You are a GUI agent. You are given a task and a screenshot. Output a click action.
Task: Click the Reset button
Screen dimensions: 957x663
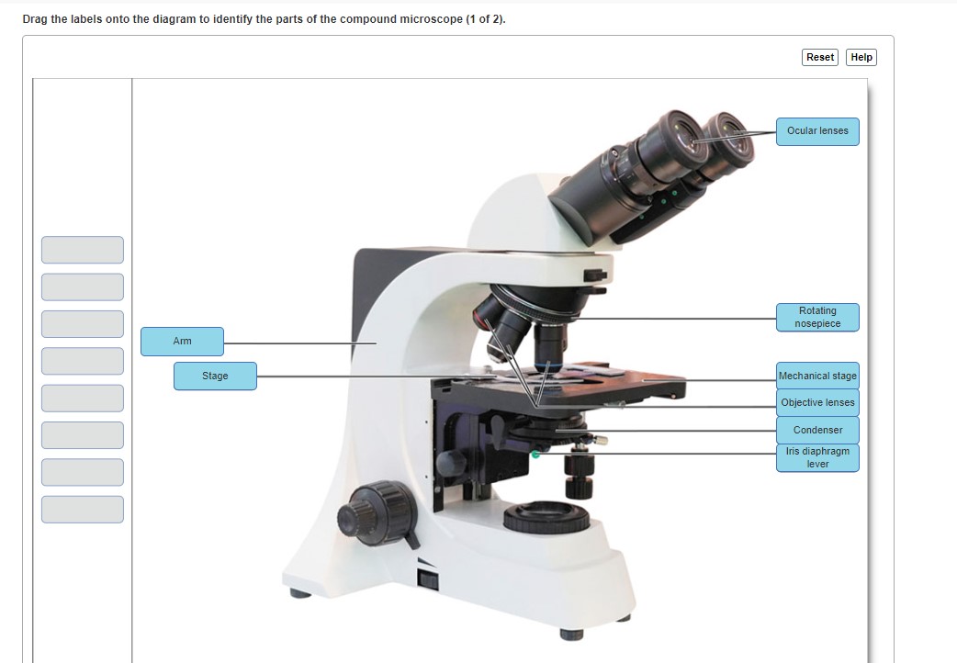pyautogui.click(x=820, y=57)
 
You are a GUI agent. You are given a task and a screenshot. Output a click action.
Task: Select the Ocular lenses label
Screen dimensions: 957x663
pyautogui.click(x=817, y=131)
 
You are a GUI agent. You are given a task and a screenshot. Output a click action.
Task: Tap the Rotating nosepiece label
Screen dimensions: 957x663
pyautogui.click(x=817, y=318)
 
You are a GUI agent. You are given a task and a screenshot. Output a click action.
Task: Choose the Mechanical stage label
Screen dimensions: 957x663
pyautogui.click(x=817, y=376)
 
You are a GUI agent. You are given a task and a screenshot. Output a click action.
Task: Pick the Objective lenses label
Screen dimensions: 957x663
pyautogui.click(x=817, y=402)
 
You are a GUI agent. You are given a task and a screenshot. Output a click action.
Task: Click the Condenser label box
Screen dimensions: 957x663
pyautogui.click(x=817, y=430)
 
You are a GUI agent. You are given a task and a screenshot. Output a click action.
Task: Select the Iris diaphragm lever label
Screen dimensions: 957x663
pyautogui.click(x=817, y=457)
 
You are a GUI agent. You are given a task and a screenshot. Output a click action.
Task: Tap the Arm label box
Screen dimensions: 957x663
pyautogui.click(x=182, y=342)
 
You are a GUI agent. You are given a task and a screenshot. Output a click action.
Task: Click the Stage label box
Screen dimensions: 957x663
pyautogui.click(x=215, y=376)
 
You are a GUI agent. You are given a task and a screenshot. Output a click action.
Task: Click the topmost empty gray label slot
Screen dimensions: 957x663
pyautogui.click(x=82, y=250)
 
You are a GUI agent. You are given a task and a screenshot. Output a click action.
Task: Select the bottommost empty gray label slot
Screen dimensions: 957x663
pyautogui.click(x=82, y=510)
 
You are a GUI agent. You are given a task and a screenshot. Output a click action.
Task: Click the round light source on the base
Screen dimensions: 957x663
pyautogui.click(x=546, y=517)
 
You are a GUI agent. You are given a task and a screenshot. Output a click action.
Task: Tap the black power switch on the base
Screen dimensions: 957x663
pyautogui.click(x=426, y=579)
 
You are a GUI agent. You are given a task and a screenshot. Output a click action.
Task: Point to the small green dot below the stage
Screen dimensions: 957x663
pyautogui.click(x=535, y=454)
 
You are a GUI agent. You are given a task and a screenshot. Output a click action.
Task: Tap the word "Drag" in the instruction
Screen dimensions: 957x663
pyautogui.click(x=35, y=19)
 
